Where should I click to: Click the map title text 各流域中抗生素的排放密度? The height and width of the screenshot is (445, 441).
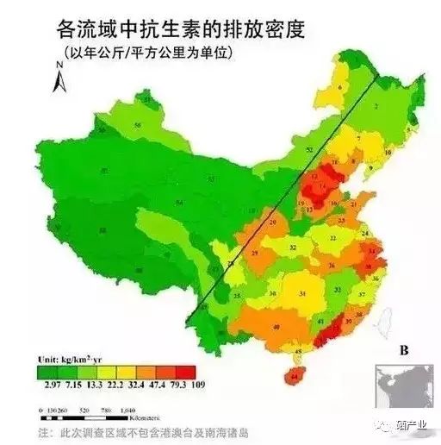coord(181,28)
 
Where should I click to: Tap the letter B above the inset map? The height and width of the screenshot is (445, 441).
coord(402,351)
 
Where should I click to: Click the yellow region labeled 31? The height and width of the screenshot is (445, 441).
coord(302,294)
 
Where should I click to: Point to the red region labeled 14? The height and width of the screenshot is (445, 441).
coord(322,186)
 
